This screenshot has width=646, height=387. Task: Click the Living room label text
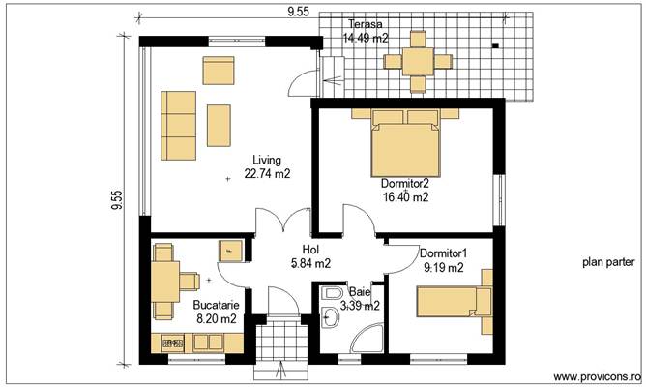tap(267, 161)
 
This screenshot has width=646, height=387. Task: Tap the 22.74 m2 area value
tap(268, 174)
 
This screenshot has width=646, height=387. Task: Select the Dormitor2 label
tap(405, 182)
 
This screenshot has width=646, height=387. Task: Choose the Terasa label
tap(365, 24)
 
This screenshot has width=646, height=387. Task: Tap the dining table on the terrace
tap(419, 60)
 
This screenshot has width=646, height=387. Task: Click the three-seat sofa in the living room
tap(178, 118)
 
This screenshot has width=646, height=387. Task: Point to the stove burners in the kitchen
tap(173, 342)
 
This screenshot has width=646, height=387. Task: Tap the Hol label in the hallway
tap(310, 249)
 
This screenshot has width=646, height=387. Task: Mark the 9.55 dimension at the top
tap(298, 12)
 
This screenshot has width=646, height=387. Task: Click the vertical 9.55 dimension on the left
tap(117, 199)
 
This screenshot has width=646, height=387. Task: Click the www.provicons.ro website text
tap(596, 376)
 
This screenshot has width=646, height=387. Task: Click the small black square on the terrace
tap(494, 45)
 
